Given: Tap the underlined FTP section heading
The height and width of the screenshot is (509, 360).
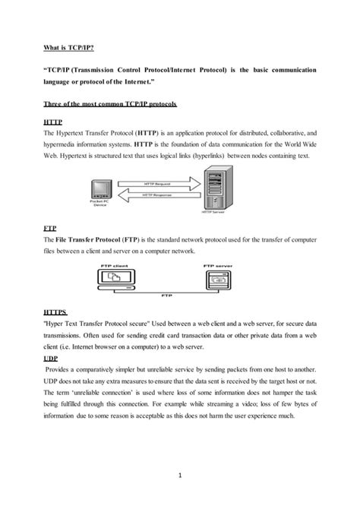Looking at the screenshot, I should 51,227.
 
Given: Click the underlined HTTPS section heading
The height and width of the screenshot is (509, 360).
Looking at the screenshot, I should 57,312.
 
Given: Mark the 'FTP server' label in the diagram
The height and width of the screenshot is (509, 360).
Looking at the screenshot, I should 219,266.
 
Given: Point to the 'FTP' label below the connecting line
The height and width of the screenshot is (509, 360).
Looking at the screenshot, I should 168,296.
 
